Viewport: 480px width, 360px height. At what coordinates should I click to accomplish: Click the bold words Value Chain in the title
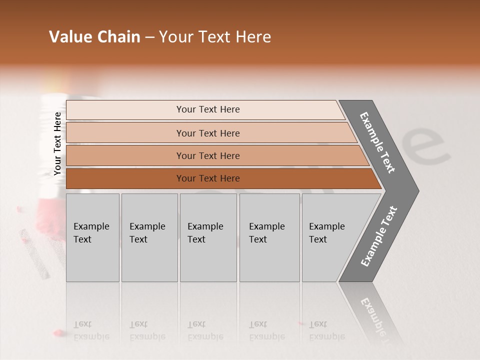[x=94, y=37]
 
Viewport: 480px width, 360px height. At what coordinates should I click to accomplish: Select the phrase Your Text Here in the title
[x=215, y=37]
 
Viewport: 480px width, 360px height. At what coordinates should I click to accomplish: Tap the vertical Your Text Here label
[x=57, y=144]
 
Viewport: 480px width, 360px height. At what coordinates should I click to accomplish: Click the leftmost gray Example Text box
[x=92, y=237]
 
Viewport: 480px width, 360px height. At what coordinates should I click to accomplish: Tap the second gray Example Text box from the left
[x=149, y=237]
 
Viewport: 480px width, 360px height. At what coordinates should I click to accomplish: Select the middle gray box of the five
[x=208, y=237]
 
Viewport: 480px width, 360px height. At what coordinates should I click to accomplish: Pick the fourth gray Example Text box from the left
[x=269, y=237]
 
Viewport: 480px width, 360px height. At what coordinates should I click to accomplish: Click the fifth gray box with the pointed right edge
[x=332, y=237]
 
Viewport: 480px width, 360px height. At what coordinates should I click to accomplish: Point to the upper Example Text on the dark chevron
[x=377, y=142]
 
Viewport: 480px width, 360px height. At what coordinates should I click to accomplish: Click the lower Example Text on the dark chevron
[x=379, y=236]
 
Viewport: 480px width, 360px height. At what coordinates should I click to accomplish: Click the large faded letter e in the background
[x=425, y=147]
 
